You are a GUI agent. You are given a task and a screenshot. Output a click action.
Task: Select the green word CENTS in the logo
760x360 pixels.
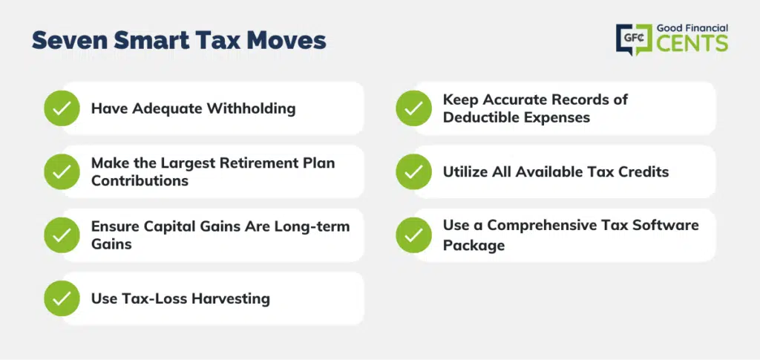(692, 43)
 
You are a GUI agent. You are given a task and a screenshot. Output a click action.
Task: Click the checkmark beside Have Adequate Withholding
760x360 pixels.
(62, 108)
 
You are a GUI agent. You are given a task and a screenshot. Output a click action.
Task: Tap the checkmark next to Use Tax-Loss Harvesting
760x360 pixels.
(62, 298)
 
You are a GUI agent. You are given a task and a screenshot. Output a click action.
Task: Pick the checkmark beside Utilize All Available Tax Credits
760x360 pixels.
(413, 171)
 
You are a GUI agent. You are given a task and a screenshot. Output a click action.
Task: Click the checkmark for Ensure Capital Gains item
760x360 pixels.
(62, 235)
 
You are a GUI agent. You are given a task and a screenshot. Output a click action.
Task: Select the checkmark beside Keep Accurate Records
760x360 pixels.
(413, 108)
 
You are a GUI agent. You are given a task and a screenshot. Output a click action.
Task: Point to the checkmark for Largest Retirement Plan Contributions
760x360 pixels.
(62, 171)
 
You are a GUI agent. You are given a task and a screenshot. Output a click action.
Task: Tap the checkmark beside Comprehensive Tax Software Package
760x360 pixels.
(413, 235)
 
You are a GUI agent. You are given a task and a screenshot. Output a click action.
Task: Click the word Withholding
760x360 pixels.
(251, 108)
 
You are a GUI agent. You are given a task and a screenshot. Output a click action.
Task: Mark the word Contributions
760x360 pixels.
(140, 180)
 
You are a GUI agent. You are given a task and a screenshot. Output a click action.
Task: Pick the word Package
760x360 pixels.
(474, 245)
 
